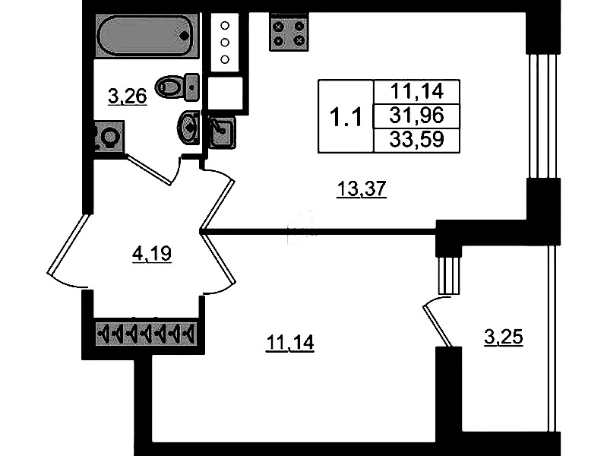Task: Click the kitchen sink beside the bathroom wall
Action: click(x=222, y=131)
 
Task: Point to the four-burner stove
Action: click(x=289, y=32)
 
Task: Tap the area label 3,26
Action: click(x=128, y=97)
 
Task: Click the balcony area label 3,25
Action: click(x=503, y=337)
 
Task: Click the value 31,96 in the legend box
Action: click(x=415, y=116)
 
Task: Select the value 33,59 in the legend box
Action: click(x=415, y=139)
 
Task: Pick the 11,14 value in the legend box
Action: click(x=415, y=92)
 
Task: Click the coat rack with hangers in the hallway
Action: click(x=145, y=333)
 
